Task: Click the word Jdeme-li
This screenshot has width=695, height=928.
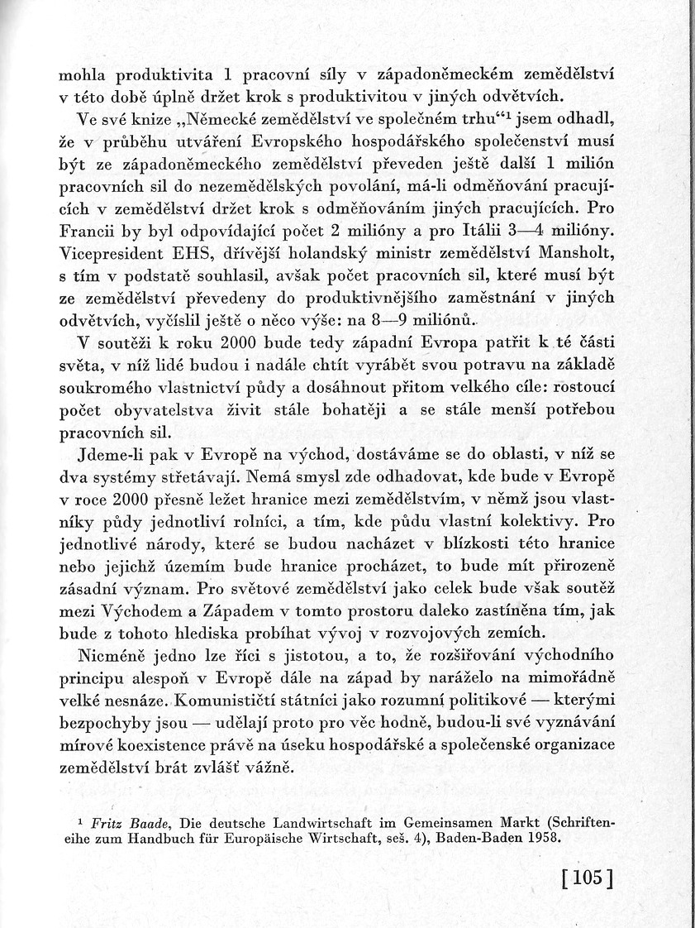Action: (x=109, y=452)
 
